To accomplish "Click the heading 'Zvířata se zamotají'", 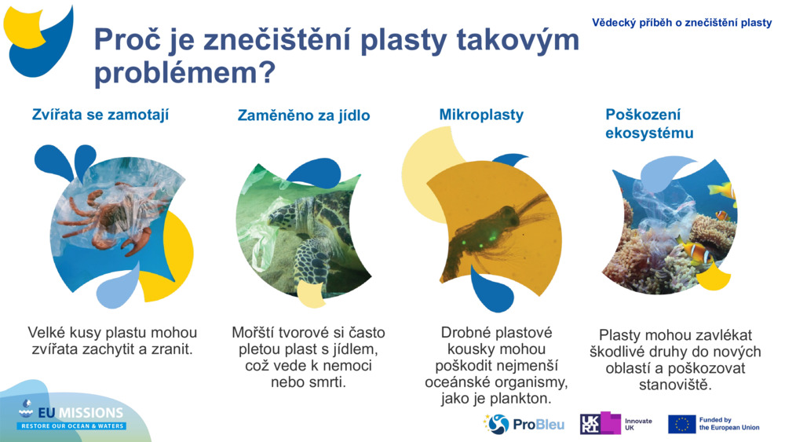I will click(100, 115).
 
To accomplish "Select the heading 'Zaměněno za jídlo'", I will click(303, 116).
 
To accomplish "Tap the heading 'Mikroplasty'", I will click(480, 115).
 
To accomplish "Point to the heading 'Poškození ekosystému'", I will click(648, 123).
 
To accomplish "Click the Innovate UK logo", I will click(616, 424).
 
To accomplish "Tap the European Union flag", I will click(681, 424).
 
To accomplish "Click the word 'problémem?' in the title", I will click(184, 74).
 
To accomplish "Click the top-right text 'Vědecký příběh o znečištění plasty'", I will click(681, 23).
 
